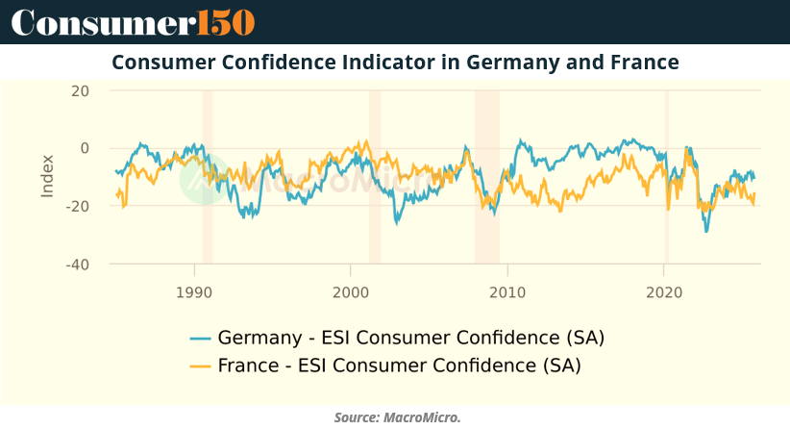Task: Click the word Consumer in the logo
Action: tap(103, 21)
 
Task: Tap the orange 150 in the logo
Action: tap(227, 21)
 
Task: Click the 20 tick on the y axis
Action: tap(79, 91)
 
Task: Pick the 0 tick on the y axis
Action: tap(85, 148)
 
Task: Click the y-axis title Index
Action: tap(47, 177)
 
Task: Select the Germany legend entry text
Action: tap(411, 339)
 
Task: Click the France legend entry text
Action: tap(400, 366)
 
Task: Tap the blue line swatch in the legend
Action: tap(200, 339)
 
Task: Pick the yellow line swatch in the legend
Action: tap(200, 366)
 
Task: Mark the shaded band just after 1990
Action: tap(208, 177)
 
